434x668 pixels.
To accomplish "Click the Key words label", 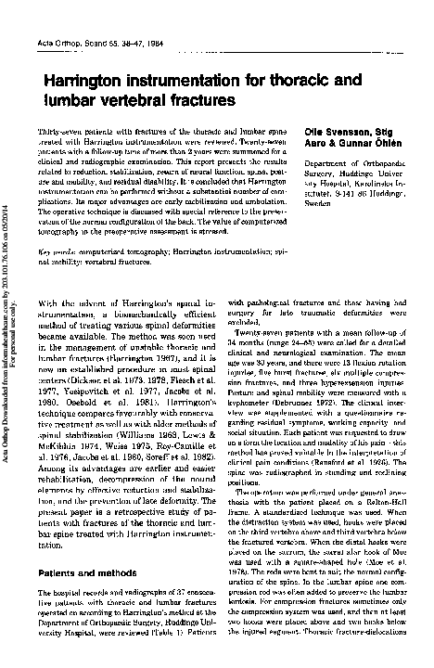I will point(55,250).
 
